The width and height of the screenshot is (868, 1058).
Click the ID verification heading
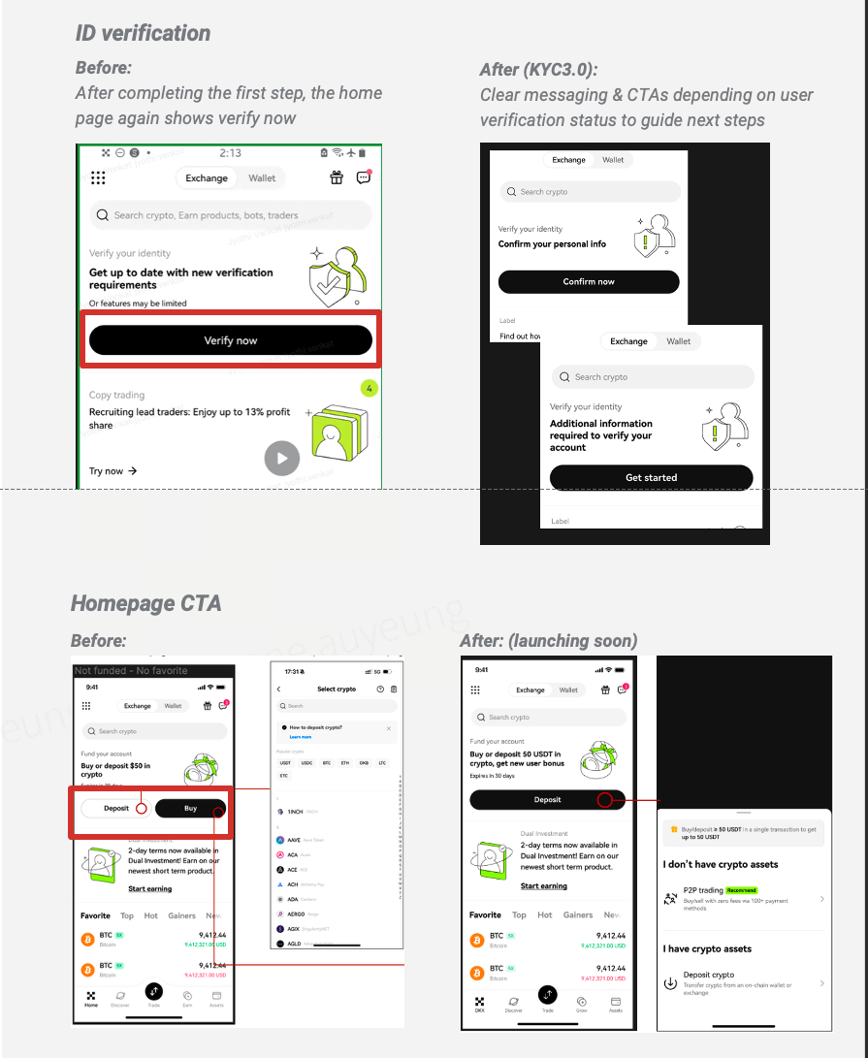[x=143, y=33]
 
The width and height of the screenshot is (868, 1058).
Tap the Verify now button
[x=231, y=340]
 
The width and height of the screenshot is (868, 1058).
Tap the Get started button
[x=651, y=477]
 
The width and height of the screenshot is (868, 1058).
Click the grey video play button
[x=282, y=458]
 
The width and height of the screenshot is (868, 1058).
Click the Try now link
[x=113, y=471]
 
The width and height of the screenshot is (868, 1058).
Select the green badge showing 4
[x=369, y=389]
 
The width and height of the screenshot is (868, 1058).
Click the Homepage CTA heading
[x=146, y=603]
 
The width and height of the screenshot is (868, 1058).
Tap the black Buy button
[x=190, y=808]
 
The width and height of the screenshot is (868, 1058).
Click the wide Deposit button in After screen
[x=547, y=800]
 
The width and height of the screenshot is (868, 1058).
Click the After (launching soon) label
[x=548, y=641]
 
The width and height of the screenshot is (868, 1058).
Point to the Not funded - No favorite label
[x=131, y=670]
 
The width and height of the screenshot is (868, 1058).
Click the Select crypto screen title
[x=337, y=689]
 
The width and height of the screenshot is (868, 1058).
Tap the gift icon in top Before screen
[x=337, y=177]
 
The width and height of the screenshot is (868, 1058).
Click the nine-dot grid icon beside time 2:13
[x=98, y=177]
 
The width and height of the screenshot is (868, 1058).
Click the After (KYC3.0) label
[x=538, y=70]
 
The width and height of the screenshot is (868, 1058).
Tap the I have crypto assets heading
[x=707, y=948]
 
